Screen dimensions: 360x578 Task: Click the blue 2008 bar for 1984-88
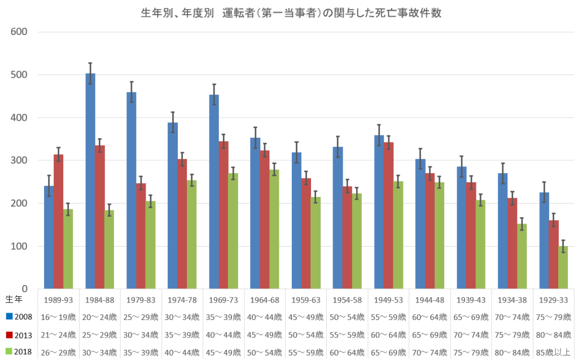point(90,181)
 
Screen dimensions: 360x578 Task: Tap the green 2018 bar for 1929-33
point(562,267)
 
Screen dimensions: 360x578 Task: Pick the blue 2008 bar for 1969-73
point(214,192)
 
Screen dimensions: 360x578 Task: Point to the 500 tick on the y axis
point(20,74)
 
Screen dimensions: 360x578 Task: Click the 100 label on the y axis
point(20,247)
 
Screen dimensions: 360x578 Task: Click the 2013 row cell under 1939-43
point(471,335)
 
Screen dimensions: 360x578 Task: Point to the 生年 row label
point(14,298)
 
